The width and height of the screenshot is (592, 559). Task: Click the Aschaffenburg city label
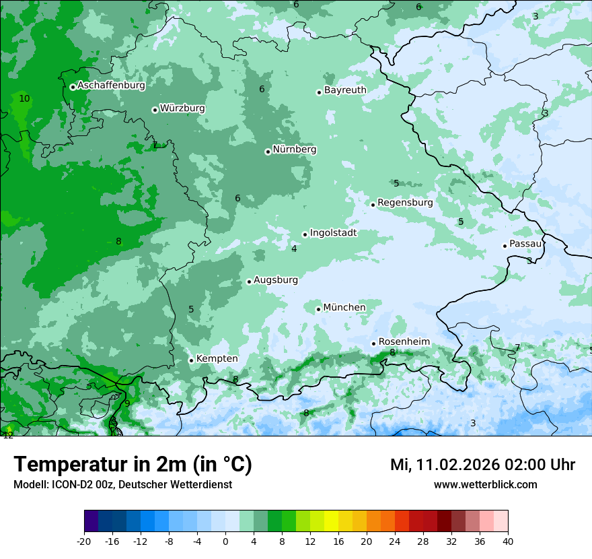[x=111, y=86]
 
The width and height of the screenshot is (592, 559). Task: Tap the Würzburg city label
[x=182, y=108]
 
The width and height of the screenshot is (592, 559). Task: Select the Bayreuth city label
[x=345, y=90]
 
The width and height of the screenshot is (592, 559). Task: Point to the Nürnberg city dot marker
[x=268, y=152]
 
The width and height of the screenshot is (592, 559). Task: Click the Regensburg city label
[x=405, y=203]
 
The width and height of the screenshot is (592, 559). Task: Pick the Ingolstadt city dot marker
[x=305, y=235]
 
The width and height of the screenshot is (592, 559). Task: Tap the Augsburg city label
[x=276, y=280]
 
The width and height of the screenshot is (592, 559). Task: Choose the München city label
[x=344, y=308]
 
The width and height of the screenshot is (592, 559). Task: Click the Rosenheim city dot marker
[x=373, y=343]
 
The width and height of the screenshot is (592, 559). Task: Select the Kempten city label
[x=217, y=359]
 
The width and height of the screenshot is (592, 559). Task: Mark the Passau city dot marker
[x=505, y=246]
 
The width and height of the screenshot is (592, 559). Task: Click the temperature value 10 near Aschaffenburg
[x=24, y=98]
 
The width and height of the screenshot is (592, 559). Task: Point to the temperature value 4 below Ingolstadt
[x=294, y=249]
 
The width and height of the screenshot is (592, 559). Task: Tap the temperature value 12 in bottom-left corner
[x=8, y=435]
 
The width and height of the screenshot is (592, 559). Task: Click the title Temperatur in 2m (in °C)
[x=133, y=465]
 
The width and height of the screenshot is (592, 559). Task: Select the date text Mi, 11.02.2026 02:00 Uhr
[x=482, y=465]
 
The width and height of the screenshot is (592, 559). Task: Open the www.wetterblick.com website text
[x=485, y=485]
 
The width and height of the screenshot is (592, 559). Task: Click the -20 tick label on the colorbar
[x=84, y=541]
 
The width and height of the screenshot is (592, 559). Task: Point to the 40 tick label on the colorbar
[x=507, y=541]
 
